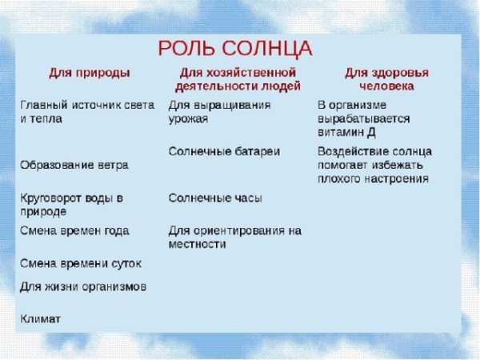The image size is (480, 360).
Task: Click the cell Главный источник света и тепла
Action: click(x=86, y=111)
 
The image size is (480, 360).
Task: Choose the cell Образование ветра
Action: click(x=74, y=164)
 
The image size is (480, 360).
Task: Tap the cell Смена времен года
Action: click(x=74, y=230)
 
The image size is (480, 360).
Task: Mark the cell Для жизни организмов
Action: click(x=82, y=286)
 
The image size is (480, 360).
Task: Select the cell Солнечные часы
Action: click(x=214, y=197)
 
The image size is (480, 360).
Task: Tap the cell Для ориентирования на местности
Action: click(x=234, y=237)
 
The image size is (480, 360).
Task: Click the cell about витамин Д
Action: click(x=364, y=118)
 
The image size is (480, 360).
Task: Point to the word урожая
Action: click(x=189, y=118)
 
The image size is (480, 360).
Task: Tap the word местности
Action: click(x=198, y=244)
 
